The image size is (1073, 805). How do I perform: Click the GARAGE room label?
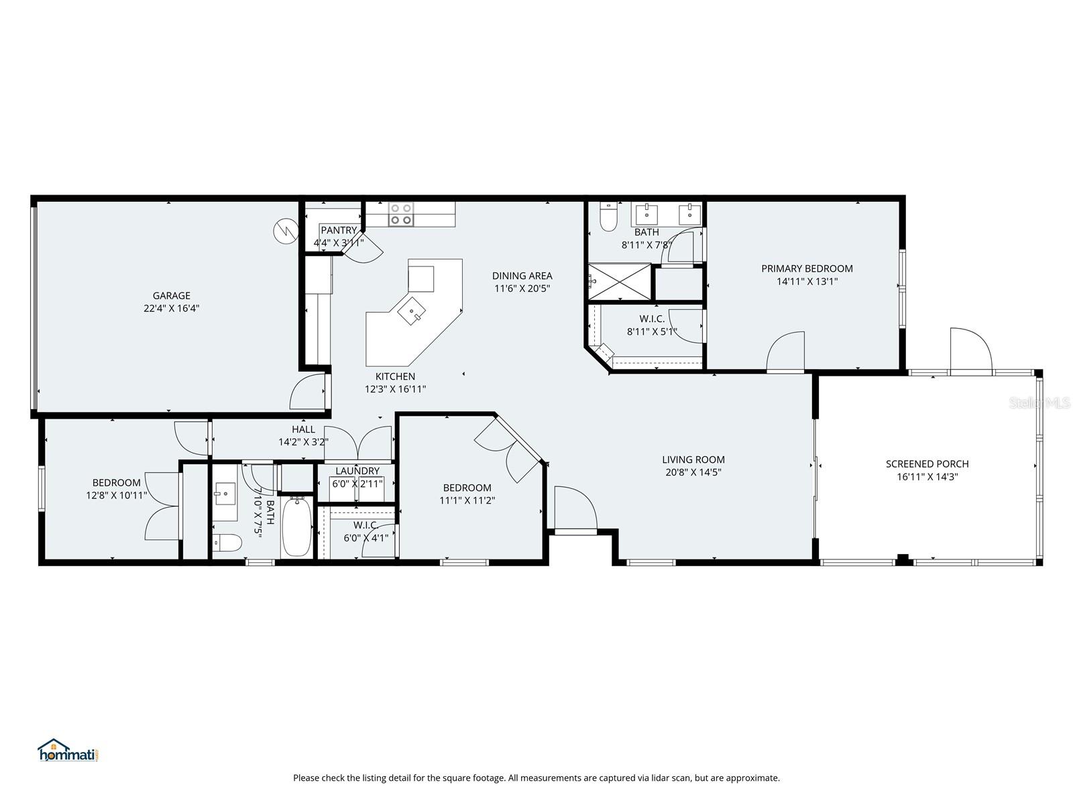[171, 295]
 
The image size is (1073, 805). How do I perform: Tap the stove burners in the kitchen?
[401, 213]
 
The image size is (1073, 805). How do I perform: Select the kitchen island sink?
[410, 312]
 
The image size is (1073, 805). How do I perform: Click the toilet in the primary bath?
[608, 217]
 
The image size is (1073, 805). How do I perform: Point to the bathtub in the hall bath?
[296, 527]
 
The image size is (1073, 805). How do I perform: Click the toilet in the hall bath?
[227, 542]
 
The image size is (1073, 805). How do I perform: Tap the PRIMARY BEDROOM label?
[807, 268]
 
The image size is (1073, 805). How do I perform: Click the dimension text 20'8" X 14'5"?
[693, 472]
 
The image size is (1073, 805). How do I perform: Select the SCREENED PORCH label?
[927, 464]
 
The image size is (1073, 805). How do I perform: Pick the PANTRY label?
[339, 230]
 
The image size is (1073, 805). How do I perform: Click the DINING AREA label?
[522, 276]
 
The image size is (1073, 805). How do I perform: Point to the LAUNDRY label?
[357, 471]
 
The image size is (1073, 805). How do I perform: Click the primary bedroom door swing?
[786, 352]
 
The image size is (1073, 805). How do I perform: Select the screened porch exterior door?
[970, 350]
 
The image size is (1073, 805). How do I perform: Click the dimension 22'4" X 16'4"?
[171, 309]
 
